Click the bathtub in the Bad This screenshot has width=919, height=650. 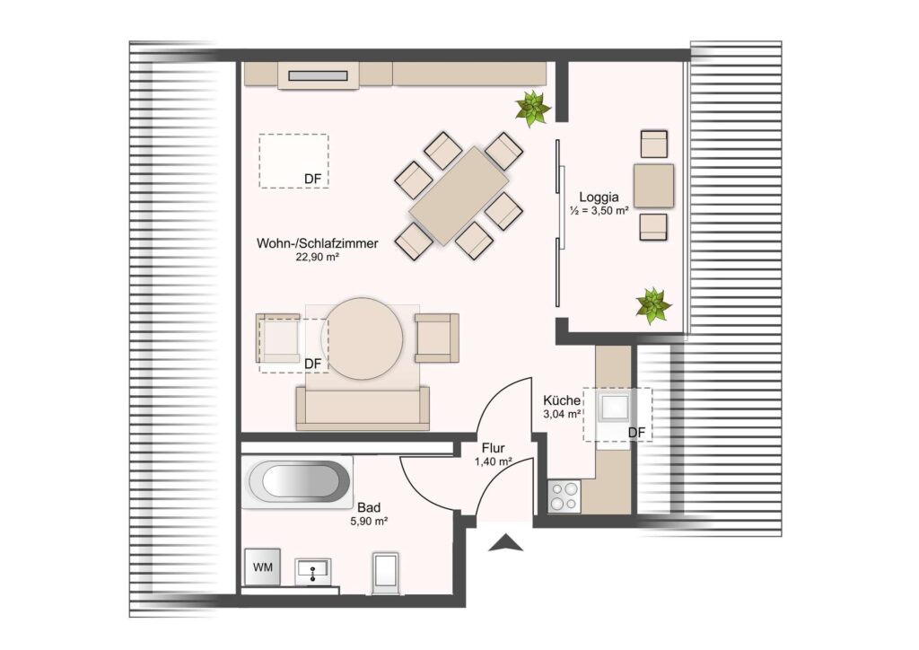[x=300, y=482]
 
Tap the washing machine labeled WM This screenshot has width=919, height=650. [x=263, y=567]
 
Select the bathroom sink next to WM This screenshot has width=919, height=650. [x=313, y=572]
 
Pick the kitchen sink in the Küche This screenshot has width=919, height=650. [x=613, y=407]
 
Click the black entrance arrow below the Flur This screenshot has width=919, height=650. [x=506, y=543]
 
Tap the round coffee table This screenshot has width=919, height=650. [x=363, y=338]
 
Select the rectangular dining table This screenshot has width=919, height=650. [x=459, y=196]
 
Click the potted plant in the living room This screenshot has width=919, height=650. [x=532, y=109]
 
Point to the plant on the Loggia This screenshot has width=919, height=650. [x=653, y=304]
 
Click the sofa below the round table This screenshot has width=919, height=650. [x=363, y=408]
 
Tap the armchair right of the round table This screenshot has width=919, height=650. [x=437, y=338]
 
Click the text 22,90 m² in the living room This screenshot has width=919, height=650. [x=319, y=257]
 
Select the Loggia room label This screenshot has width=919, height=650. [x=599, y=197]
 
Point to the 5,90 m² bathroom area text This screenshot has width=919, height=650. [x=369, y=521]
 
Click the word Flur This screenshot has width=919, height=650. [x=493, y=448]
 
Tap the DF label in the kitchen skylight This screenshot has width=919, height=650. [x=636, y=433]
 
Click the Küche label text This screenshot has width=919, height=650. [x=562, y=401]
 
